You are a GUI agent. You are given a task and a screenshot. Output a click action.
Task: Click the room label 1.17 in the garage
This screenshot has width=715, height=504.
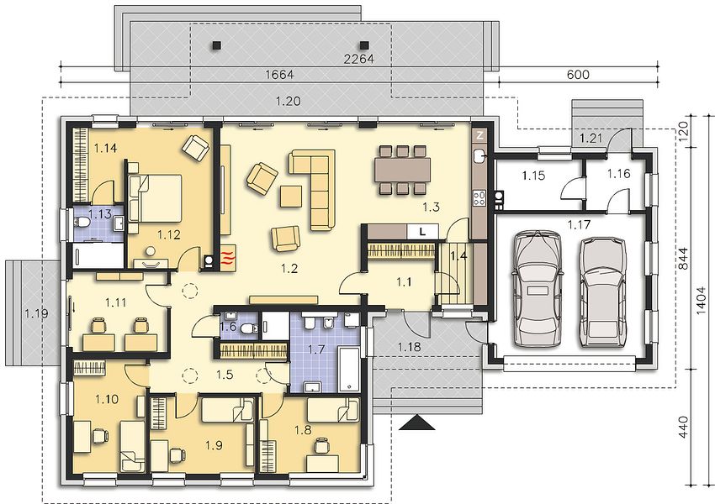point(579,224)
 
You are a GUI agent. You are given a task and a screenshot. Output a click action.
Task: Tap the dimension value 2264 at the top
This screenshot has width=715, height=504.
point(359,59)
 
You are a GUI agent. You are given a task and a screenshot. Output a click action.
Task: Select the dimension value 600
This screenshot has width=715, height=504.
point(578,74)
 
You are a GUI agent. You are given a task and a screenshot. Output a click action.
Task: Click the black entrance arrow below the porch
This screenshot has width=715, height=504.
point(416,423)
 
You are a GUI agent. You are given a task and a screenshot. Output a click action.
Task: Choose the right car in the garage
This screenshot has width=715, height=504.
point(603,291)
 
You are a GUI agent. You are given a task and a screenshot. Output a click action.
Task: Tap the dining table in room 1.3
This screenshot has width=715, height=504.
point(403,170)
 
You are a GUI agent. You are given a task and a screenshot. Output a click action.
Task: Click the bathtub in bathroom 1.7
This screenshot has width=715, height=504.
point(349,368)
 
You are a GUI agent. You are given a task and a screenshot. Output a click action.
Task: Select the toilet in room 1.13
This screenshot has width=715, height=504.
point(82,223)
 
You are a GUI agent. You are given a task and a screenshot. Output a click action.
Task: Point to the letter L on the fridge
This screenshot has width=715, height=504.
point(423,232)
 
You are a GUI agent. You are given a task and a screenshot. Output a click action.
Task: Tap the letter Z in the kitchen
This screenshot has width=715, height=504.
point(479,134)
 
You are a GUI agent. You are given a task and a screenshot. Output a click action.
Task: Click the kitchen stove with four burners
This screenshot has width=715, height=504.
point(479,198)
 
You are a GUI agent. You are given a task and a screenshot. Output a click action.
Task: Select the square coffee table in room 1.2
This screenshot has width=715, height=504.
point(290,197)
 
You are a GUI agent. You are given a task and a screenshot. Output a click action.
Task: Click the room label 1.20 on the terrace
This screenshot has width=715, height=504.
point(289,101)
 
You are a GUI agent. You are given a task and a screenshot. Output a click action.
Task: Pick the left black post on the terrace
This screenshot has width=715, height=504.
point(216,45)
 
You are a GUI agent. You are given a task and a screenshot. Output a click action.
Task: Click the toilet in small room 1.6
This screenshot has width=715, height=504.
point(248,328)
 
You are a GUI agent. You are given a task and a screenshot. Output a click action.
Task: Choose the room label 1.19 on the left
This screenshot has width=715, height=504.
point(36,313)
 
